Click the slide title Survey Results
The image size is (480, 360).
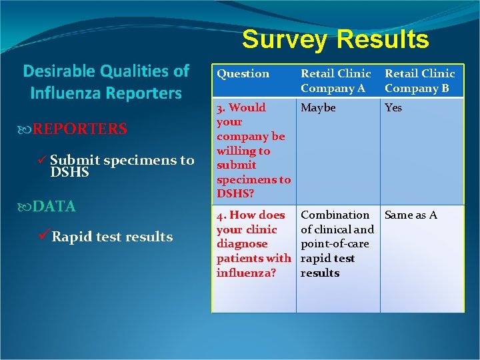point(335,39)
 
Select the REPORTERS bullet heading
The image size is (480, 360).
point(80,129)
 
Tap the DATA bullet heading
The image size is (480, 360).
point(54,207)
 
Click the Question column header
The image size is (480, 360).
point(243,74)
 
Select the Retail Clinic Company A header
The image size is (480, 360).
point(335,81)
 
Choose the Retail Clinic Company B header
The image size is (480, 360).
point(419,81)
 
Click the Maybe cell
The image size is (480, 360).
point(319,107)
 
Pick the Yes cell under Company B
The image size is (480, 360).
point(393,107)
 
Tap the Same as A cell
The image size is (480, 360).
point(411,215)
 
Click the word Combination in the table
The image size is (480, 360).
point(335,215)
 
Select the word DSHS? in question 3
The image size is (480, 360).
point(236,193)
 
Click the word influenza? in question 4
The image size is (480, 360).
point(246,273)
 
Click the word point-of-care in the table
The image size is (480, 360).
point(337,244)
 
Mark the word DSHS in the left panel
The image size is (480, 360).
point(70,173)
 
